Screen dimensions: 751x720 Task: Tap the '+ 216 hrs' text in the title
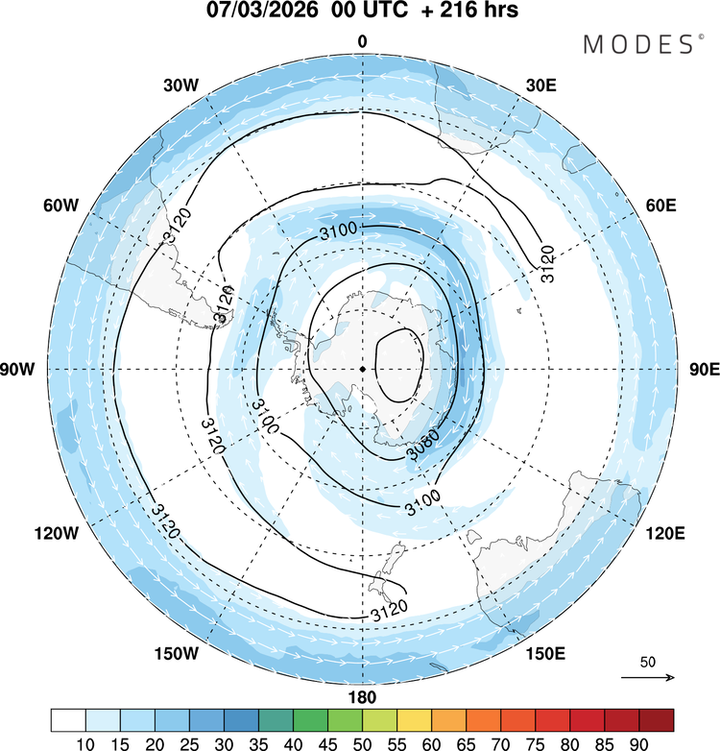[466, 12]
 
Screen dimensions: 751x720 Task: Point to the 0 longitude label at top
[362, 41]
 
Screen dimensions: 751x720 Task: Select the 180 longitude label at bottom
[362, 697]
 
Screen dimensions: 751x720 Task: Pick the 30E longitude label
[542, 85]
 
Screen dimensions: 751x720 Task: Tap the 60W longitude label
[60, 206]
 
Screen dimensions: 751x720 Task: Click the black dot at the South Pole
[362, 369]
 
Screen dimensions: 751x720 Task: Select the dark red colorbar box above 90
[656, 720]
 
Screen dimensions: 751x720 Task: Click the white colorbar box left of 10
[68, 720]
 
